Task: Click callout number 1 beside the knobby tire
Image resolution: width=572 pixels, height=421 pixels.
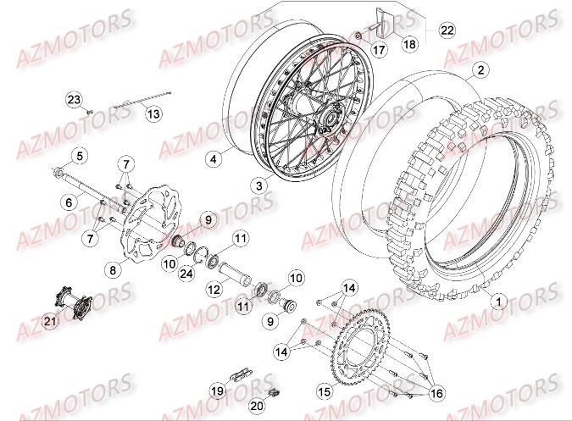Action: (x=497, y=299)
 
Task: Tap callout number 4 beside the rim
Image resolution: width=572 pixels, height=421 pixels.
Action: (x=214, y=158)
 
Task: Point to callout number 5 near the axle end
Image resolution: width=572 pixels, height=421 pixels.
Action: (x=78, y=155)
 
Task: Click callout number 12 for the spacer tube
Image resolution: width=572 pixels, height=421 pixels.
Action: (x=214, y=289)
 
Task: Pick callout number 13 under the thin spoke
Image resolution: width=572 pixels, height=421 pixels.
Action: (x=153, y=112)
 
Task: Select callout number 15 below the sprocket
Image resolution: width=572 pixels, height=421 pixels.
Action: (x=323, y=392)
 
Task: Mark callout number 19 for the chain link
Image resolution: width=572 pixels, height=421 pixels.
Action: (x=216, y=391)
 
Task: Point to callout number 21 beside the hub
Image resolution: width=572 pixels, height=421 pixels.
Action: (x=49, y=320)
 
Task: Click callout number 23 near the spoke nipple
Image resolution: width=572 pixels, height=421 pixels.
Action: (x=73, y=101)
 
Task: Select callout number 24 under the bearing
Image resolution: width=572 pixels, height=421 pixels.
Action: (x=186, y=273)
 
